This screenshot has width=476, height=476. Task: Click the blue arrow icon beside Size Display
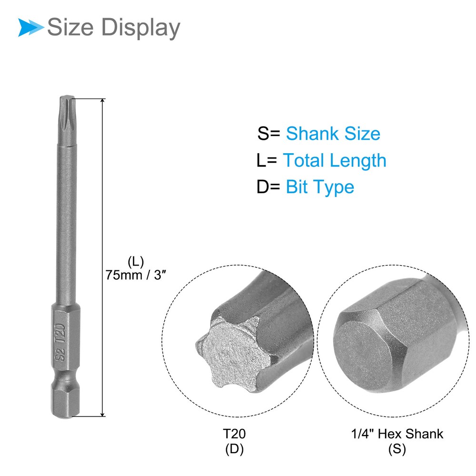(x=30, y=27)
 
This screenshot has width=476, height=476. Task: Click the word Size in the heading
(x=70, y=27)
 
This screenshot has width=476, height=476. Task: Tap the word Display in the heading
(x=140, y=28)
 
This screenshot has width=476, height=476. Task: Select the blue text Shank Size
(x=333, y=134)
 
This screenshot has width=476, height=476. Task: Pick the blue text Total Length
(x=335, y=160)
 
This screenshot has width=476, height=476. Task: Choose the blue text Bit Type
(x=320, y=187)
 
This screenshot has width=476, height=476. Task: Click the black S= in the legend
(x=268, y=134)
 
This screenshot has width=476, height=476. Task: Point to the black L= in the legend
(x=267, y=160)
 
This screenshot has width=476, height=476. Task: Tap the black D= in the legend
(x=268, y=187)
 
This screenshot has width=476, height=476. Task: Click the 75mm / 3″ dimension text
(x=136, y=275)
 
